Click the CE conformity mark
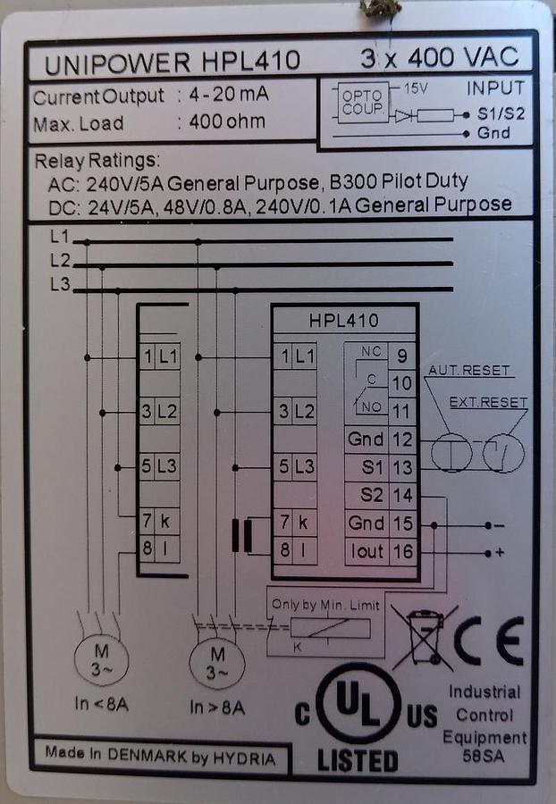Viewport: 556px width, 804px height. point(488,640)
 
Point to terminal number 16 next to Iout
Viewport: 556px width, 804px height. point(403,552)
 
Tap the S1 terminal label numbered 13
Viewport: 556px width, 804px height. point(374,467)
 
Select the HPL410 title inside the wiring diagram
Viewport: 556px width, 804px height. point(343,320)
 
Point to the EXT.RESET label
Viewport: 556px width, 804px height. point(489,402)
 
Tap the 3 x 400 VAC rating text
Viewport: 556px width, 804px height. point(439,58)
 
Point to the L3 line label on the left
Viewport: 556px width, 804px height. point(61,285)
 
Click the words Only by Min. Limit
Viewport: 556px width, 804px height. point(326,605)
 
